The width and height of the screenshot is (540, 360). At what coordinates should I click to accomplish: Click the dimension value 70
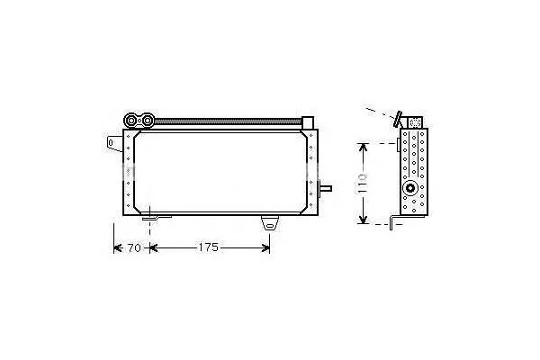pyautogui.click(x=134, y=247)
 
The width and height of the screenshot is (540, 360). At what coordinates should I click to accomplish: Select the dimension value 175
pyautogui.click(x=209, y=247)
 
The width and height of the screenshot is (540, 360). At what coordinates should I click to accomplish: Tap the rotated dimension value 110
pyautogui.click(x=363, y=184)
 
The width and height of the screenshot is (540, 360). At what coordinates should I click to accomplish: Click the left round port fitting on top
pyautogui.click(x=131, y=121)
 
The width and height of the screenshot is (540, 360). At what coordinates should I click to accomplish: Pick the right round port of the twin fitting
pyautogui.click(x=148, y=121)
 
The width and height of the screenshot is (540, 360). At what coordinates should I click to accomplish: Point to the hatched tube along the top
pyautogui.click(x=228, y=121)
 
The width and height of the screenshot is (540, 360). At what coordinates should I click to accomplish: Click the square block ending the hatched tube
pyautogui.click(x=308, y=122)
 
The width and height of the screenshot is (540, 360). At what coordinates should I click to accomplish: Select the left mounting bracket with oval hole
pyautogui.click(x=114, y=143)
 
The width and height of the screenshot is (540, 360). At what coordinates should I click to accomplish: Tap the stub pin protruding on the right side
pyautogui.click(x=326, y=188)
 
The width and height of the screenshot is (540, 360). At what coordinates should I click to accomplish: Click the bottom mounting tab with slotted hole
pyautogui.click(x=270, y=223)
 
